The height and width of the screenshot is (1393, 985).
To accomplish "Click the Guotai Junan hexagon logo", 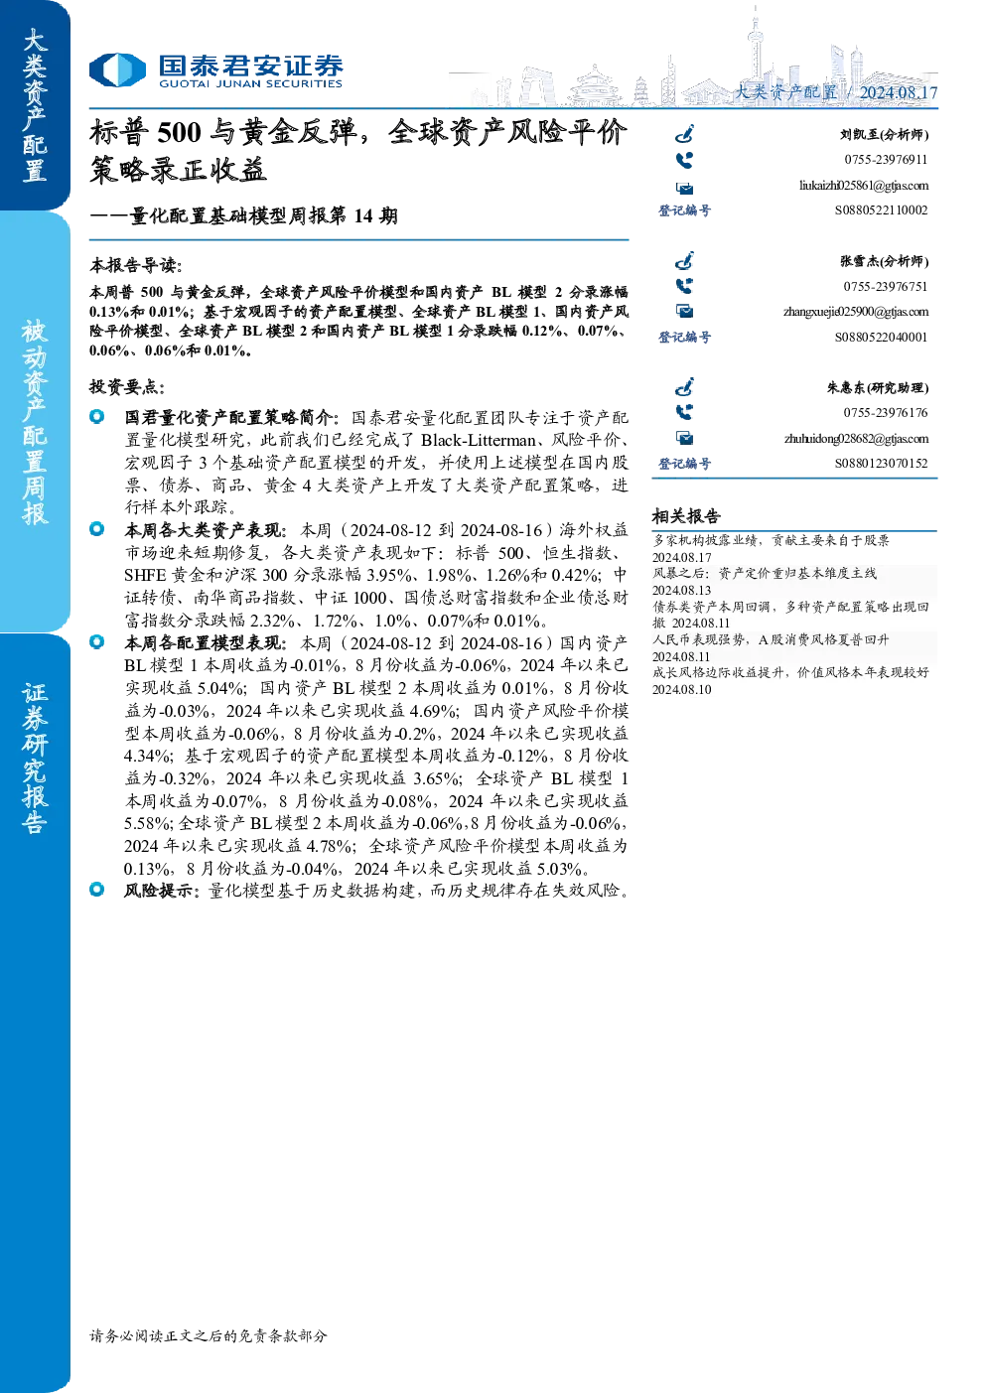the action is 117,70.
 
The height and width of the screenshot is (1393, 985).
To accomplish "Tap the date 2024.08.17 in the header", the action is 898,92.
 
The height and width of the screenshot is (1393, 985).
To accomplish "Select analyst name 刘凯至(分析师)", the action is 884,134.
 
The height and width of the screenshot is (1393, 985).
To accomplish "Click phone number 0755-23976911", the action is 886,160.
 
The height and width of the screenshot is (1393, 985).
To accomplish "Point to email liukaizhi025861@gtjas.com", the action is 864,186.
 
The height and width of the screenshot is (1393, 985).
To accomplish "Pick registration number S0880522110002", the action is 881,210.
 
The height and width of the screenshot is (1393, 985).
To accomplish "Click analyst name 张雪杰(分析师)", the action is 885,261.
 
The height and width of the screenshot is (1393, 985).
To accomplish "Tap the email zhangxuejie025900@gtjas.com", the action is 856,312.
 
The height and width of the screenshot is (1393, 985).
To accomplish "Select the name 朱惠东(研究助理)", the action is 878,388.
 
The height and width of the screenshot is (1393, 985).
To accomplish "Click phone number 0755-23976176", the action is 886,413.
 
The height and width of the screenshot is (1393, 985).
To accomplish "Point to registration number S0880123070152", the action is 881,464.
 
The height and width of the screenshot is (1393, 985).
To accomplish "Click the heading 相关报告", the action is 686,516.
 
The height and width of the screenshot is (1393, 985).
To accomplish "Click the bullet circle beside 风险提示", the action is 96,890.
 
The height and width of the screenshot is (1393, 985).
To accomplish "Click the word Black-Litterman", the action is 478,440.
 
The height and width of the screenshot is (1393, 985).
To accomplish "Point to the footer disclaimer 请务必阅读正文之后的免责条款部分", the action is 209,1336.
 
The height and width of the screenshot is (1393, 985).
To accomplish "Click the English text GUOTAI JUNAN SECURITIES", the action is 250,83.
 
